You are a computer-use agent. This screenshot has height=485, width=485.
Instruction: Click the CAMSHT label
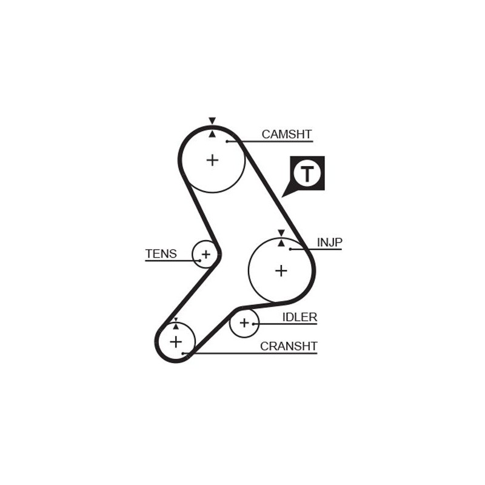(286, 134)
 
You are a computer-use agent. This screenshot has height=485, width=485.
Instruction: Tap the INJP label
(330, 242)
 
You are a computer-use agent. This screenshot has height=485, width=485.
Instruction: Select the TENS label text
(161, 254)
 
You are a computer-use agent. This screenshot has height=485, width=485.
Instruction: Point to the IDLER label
(299, 317)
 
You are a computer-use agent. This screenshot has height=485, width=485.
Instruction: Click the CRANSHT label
(289, 346)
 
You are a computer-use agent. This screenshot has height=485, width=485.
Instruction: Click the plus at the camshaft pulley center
(212, 160)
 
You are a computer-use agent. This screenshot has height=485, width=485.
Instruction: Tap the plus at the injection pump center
(281, 270)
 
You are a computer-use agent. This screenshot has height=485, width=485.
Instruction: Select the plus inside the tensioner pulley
(206, 254)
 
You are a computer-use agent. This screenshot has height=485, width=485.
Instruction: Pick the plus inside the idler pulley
(244, 323)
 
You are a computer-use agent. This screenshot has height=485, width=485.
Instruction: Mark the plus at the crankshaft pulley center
(175, 342)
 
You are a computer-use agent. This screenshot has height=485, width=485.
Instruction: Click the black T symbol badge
(307, 173)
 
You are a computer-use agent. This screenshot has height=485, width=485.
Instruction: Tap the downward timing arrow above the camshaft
(212, 121)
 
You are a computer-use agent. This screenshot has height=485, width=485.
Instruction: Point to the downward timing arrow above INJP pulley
(281, 233)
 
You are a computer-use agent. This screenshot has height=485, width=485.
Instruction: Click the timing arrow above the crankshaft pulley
(176, 319)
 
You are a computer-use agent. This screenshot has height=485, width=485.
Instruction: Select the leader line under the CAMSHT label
(270, 142)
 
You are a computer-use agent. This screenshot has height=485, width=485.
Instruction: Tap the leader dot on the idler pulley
(253, 324)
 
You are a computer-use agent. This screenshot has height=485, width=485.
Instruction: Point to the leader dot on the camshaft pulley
(227, 141)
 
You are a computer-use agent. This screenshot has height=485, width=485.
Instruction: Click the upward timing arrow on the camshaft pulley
(212, 133)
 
